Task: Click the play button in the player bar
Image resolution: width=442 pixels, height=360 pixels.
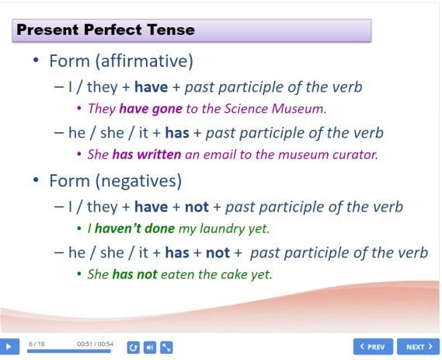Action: click(x=9, y=346)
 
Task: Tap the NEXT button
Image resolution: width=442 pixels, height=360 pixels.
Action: click(x=419, y=347)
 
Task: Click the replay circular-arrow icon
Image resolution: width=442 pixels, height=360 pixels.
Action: click(x=133, y=348)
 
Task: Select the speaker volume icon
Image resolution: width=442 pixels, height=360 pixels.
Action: click(x=150, y=348)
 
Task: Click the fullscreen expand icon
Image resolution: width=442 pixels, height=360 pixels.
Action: click(x=166, y=348)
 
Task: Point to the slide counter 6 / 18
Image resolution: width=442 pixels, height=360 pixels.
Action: click(x=37, y=344)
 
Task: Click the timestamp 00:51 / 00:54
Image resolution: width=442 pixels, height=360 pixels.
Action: click(x=95, y=344)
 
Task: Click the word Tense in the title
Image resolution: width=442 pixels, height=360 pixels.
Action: click(x=171, y=30)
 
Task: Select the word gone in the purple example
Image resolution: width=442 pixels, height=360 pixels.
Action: click(x=167, y=109)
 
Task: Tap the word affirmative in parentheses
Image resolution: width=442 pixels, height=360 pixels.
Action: click(x=144, y=61)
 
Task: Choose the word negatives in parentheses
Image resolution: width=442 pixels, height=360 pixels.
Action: click(x=139, y=181)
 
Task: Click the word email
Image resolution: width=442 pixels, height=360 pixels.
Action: click(x=220, y=154)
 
